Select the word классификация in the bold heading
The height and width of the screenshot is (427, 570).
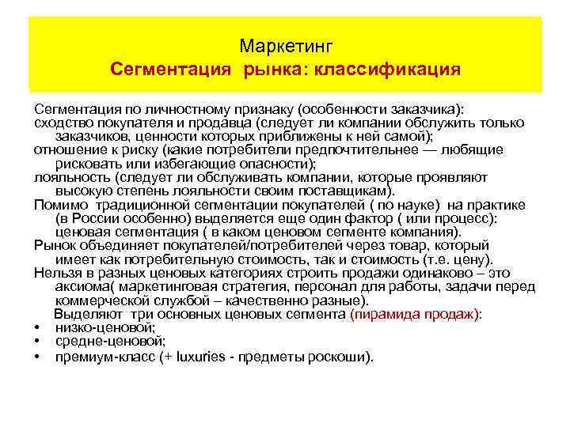pos(387,70)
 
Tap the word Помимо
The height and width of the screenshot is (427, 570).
pos(57,205)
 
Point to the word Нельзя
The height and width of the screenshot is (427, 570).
pos(59,274)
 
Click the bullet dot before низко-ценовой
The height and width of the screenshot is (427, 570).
pos(37,328)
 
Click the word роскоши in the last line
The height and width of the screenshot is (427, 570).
pos(342,356)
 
